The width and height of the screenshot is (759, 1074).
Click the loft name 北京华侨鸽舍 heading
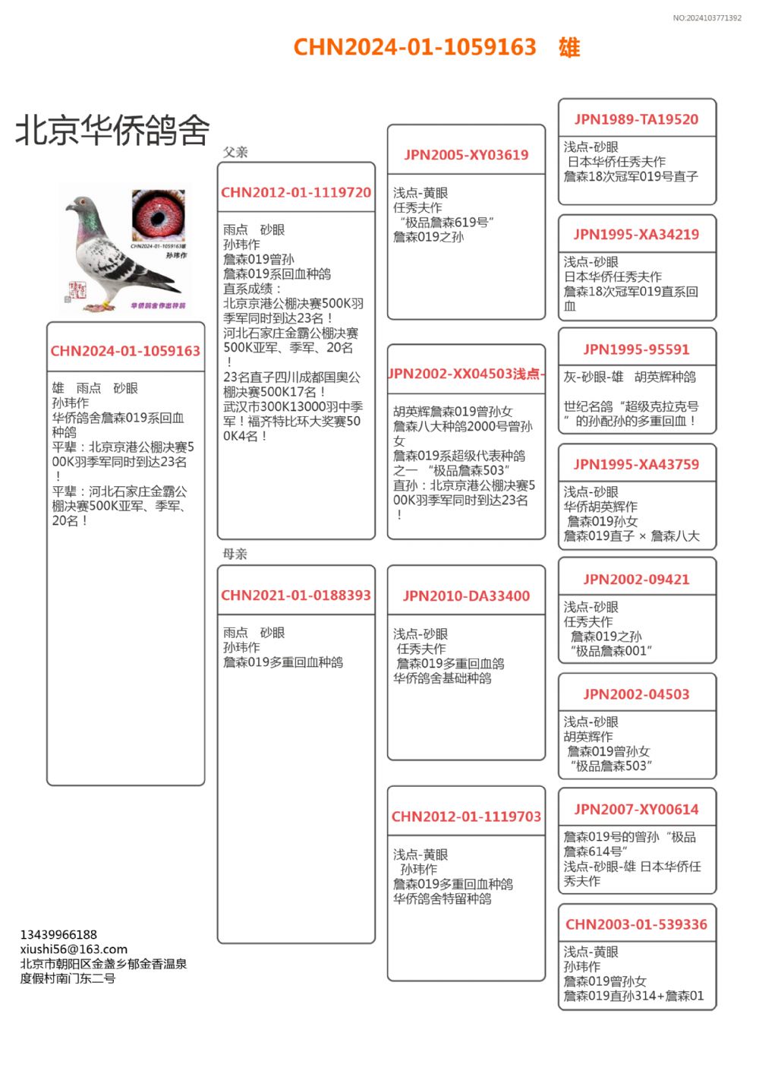coord(112,130)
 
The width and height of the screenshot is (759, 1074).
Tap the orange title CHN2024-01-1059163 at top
coord(414,47)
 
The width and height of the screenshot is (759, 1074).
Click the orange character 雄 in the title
coord(569,47)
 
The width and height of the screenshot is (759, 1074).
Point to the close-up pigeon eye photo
coord(158,216)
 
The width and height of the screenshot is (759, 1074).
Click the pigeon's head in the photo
coord(81,206)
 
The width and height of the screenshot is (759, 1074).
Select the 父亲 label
coord(235,152)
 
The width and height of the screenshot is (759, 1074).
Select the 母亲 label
coord(235,554)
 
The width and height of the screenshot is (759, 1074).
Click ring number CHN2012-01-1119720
coord(296,193)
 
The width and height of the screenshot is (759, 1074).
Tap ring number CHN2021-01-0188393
coord(296,595)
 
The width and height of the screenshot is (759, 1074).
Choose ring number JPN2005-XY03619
coord(466,155)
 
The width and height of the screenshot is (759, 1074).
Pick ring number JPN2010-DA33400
coord(466,596)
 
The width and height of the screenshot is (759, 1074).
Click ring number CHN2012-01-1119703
coord(466,817)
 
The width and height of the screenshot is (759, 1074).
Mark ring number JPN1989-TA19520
coord(636,119)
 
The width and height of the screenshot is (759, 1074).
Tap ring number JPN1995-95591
coord(636,349)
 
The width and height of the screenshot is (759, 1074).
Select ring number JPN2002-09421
coord(636,580)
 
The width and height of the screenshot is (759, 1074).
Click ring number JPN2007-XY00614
coord(636,810)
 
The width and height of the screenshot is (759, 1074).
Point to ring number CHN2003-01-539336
coord(636,924)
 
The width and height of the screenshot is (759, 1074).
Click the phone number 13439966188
coord(58,935)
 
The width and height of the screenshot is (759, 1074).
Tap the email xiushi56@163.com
coord(74,949)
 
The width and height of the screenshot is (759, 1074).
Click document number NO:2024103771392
coord(707,17)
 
